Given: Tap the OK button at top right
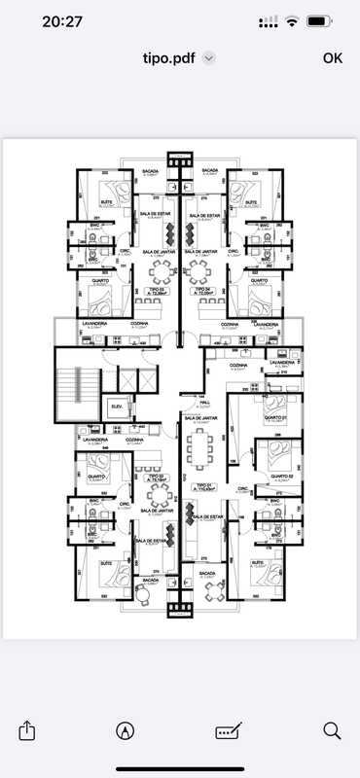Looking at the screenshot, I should (x=333, y=57).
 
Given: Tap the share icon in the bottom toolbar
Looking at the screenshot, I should (x=27, y=729).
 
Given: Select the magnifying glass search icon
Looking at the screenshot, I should (x=331, y=729).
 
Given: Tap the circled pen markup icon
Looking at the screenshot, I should (x=125, y=729).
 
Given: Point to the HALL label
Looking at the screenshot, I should (x=204, y=401).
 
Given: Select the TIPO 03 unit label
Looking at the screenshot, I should (x=156, y=290).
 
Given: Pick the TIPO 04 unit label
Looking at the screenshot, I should (x=204, y=290).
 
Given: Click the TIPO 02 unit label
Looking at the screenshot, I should (x=155, y=477).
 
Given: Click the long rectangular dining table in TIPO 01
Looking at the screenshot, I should (x=202, y=448).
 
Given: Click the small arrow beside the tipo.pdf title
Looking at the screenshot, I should (x=208, y=58).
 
